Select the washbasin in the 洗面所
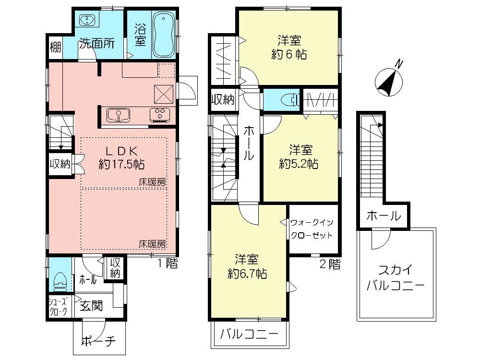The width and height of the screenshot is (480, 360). pyautogui.click(x=88, y=21)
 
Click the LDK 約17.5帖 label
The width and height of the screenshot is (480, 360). pyautogui.click(x=122, y=157)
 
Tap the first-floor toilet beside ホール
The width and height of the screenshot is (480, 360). pyautogui.click(x=60, y=278)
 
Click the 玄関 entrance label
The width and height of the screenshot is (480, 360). pyautogui.click(x=91, y=306)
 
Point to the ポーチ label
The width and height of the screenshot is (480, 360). pyautogui.click(x=98, y=342)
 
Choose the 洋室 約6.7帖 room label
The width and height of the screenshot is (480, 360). pyautogui.click(x=247, y=266)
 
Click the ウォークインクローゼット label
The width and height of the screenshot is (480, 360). pyautogui.click(x=312, y=229)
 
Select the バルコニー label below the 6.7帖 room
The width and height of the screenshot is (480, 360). pyautogui.click(x=249, y=334)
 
